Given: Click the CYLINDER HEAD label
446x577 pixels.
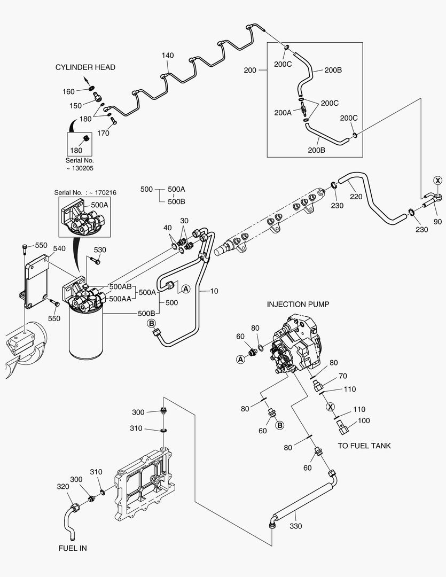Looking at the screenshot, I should pos(85,67).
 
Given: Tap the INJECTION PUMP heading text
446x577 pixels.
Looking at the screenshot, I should pos(298,304).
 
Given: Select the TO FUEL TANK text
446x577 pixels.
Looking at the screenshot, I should pos(364,446).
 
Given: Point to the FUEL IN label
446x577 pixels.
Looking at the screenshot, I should pos(73,548).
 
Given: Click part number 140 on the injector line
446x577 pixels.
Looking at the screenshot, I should pos(167,56).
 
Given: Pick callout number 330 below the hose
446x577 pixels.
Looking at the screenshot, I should pos(295,526).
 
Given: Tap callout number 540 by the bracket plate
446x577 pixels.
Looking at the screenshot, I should pos(59,248).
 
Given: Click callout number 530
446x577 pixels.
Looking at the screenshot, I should pos(100,250).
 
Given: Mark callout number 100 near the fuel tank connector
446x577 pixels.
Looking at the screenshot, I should pos(363,421).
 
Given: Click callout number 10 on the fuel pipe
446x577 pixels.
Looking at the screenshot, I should pos(214,292).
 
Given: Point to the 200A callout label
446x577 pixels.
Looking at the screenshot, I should pos(283,113).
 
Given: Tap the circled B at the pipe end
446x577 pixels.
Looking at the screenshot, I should pos(151,323).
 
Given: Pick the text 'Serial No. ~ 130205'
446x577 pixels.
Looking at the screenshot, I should pos(80,164).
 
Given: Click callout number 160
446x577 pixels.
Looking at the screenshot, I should pos(68,92).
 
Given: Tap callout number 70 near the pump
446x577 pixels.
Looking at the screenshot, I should pos(343,376).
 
